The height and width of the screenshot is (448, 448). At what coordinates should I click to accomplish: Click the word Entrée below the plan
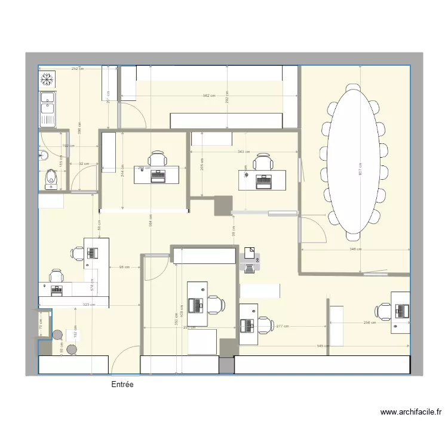[122, 385]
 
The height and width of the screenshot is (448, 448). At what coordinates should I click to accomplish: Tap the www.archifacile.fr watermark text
[412, 412]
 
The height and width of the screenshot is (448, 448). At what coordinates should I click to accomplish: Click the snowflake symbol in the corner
[47, 79]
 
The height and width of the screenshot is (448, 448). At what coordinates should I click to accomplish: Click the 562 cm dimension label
[208, 96]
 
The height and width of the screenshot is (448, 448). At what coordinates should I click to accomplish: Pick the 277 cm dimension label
[283, 326]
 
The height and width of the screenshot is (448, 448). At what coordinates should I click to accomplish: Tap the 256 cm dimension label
[370, 323]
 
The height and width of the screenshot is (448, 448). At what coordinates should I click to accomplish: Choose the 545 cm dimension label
[322, 346]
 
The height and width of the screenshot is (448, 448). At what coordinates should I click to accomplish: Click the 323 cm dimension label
[72, 305]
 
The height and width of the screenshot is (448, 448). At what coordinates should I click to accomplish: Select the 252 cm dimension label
[77, 69]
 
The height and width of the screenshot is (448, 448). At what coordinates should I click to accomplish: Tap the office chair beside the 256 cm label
[382, 311]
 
